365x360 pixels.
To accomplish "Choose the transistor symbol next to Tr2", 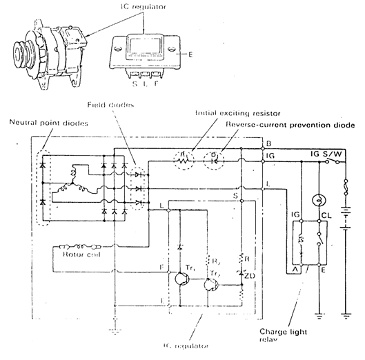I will (213, 283).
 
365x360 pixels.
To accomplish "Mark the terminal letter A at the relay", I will (294, 270).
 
